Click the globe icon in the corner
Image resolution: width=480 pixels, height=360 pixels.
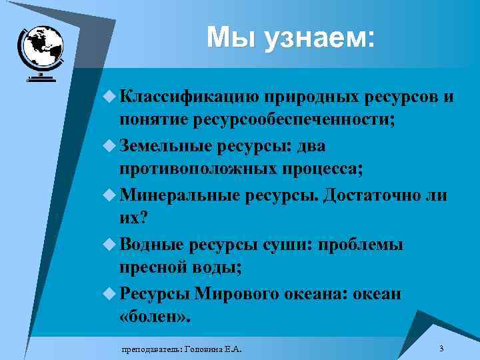tap(42, 51)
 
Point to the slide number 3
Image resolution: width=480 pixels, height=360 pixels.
tap(441, 349)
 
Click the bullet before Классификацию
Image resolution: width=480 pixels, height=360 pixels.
tap(110, 97)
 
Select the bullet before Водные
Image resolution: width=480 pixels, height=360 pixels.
tap(110, 244)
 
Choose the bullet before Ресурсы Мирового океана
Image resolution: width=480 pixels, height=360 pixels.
tap(110, 293)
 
